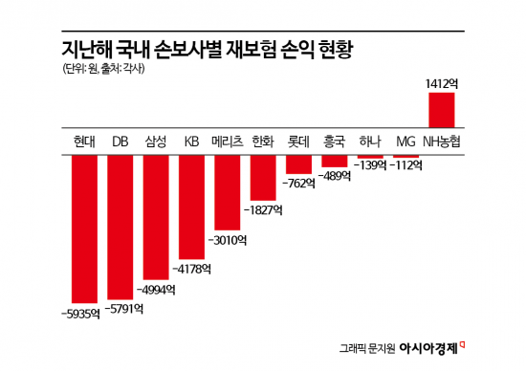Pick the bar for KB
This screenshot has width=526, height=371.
[x=191, y=205]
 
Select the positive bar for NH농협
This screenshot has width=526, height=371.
[x=442, y=110]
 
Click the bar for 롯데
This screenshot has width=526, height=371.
[x=299, y=163]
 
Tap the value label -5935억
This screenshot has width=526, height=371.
[x=80, y=313]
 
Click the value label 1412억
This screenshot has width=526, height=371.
[x=442, y=84]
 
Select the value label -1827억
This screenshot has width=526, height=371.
[x=264, y=207]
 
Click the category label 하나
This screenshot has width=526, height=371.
[x=370, y=141]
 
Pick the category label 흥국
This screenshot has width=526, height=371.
[x=335, y=141]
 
